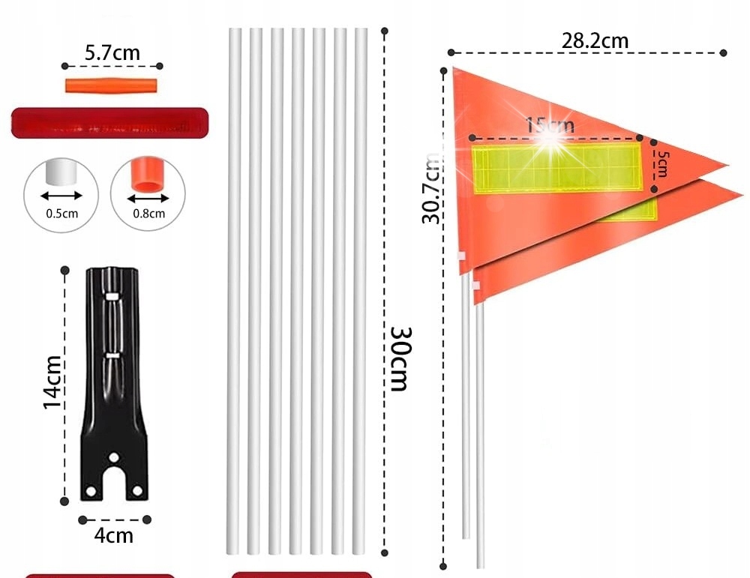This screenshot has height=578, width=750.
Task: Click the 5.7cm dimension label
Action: (x=112, y=52)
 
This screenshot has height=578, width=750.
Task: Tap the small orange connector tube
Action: (x=112, y=84)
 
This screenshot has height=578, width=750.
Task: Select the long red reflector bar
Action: (x=109, y=123)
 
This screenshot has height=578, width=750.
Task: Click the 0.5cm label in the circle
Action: (x=61, y=214)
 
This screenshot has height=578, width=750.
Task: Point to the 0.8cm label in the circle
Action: (x=148, y=214)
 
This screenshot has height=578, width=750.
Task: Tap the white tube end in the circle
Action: (x=61, y=173)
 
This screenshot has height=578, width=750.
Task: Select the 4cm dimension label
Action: (x=114, y=535)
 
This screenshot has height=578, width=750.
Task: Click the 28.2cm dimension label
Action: (x=595, y=40)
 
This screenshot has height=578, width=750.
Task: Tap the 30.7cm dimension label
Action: (x=431, y=187)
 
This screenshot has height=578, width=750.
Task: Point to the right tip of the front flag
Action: (x=726, y=165)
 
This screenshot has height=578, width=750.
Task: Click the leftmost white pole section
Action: (x=235, y=292)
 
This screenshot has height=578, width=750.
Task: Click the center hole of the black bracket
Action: (x=114, y=457)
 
